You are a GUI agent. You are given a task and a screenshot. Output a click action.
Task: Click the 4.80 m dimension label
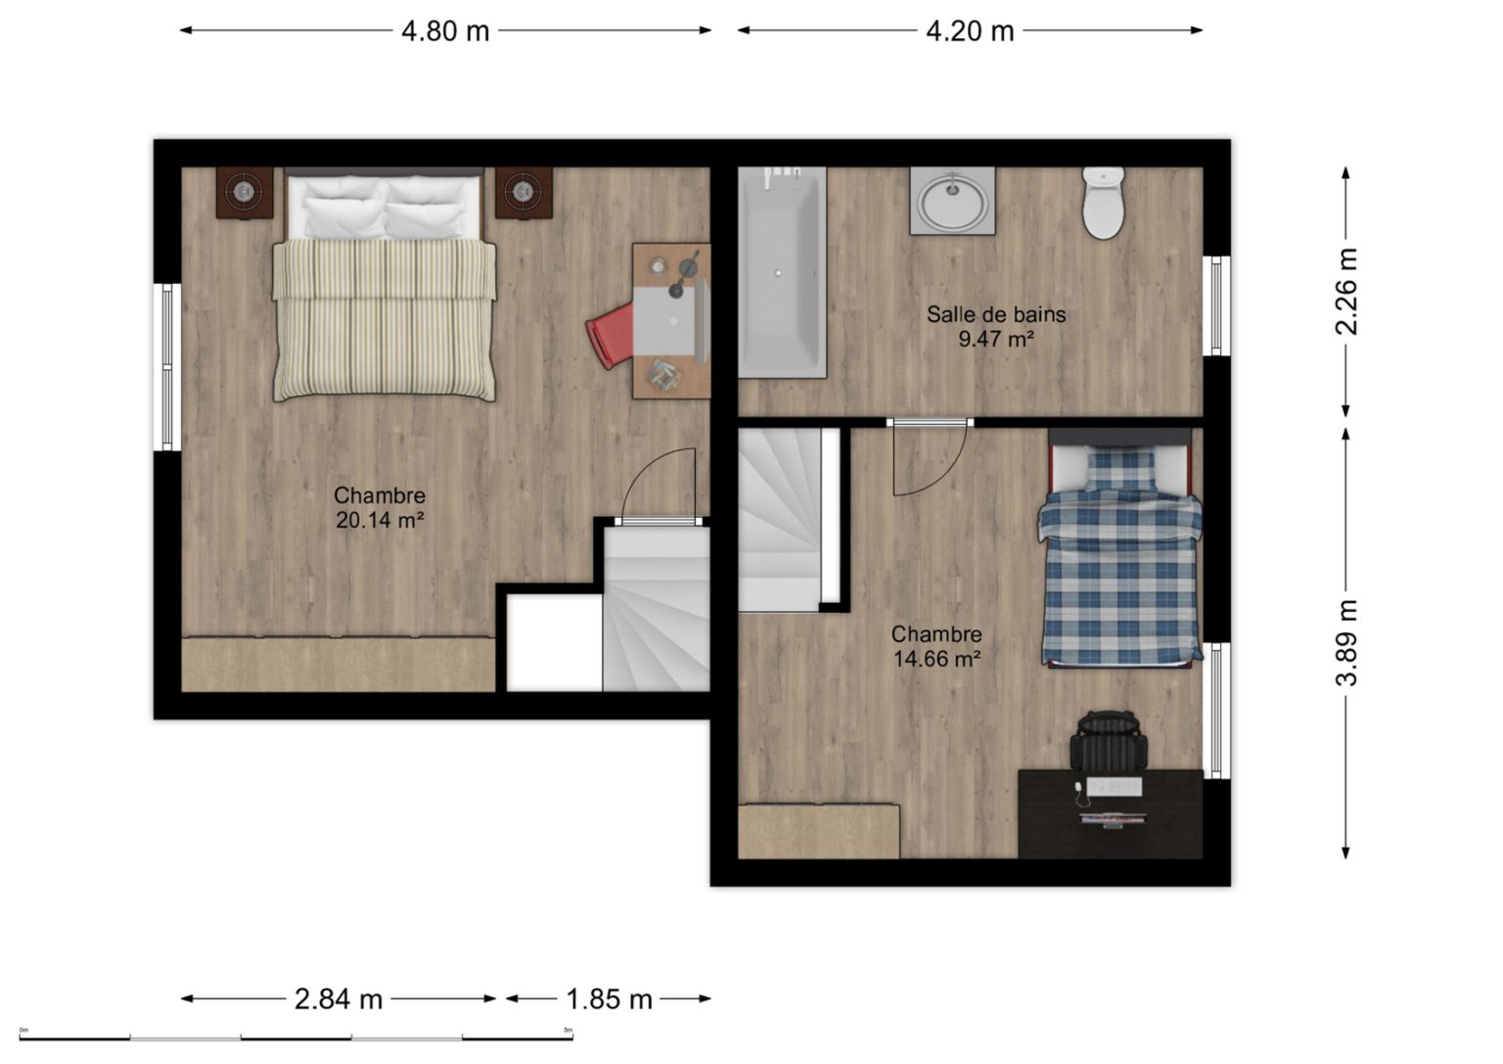coord(445,31)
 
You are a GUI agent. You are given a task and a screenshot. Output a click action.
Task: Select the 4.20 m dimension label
coord(970,31)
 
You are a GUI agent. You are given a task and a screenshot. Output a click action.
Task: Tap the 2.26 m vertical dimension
coord(1346,292)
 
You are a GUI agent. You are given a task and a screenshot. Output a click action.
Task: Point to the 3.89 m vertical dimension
coord(1346,642)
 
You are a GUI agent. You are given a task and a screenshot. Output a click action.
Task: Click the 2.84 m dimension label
coord(339,999)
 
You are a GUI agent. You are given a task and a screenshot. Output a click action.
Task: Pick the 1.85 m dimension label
coord(610,999)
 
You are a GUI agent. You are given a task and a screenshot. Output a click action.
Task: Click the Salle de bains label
coord(996,314)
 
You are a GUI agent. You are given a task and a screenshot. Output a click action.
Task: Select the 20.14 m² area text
coord(380,520)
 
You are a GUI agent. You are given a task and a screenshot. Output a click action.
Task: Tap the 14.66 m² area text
coord(936,659)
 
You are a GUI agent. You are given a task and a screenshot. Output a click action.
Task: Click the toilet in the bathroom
coord(1104,203)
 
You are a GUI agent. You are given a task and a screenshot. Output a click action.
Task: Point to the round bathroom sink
coord(953,200)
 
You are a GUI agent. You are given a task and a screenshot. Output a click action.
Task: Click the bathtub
coord(783,272)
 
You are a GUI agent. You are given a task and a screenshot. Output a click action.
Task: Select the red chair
coord(611,336)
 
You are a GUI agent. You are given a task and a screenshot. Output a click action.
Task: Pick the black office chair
coord(1109,740)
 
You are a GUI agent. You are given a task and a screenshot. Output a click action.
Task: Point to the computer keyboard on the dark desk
coord(1114,786)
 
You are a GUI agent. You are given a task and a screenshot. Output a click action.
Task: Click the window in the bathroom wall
coord(1216,306)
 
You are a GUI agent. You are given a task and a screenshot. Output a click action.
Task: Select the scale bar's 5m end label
coord(569,1030)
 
